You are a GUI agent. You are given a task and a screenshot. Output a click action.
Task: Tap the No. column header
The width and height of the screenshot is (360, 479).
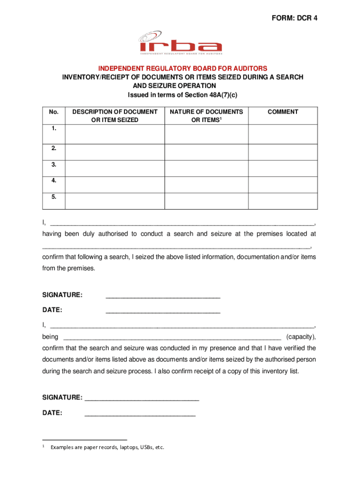point(53,112)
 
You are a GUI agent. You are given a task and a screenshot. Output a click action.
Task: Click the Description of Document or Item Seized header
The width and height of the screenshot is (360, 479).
point(115,116)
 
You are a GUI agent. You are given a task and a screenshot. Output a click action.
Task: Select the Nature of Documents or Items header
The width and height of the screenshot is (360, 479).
point(206,116)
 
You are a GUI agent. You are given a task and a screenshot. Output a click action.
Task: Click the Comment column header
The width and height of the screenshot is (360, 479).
point(282,112)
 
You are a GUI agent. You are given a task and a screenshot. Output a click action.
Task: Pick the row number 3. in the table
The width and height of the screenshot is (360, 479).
point(53,165)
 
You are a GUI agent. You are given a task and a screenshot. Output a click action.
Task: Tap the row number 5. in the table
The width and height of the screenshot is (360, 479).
point(53,197)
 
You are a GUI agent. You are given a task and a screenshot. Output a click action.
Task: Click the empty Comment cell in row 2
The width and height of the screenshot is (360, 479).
point(282,152)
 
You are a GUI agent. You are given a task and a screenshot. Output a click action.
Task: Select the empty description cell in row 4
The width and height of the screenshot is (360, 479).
point(115,184)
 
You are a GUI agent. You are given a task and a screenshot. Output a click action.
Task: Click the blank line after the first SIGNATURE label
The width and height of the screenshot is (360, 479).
point(163,296)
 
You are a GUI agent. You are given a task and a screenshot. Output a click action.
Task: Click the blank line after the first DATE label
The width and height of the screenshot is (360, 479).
point(163,311)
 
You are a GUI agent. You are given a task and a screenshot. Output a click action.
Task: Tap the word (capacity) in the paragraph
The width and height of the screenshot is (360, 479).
point(301,337)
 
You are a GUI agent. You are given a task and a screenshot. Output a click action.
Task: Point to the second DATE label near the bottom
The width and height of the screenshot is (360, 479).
point(52,413)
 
